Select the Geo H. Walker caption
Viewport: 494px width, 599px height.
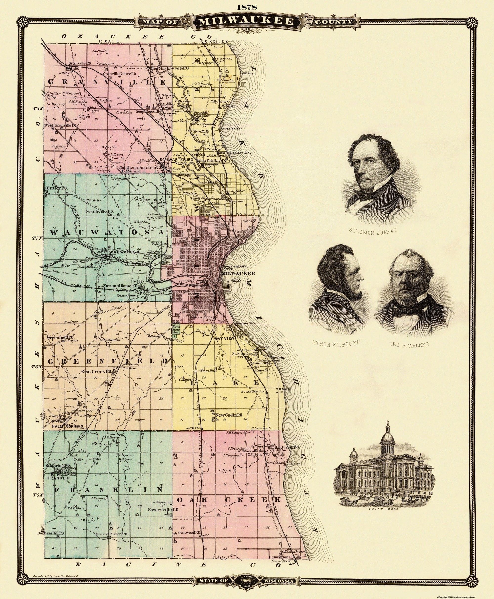(409, 344)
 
